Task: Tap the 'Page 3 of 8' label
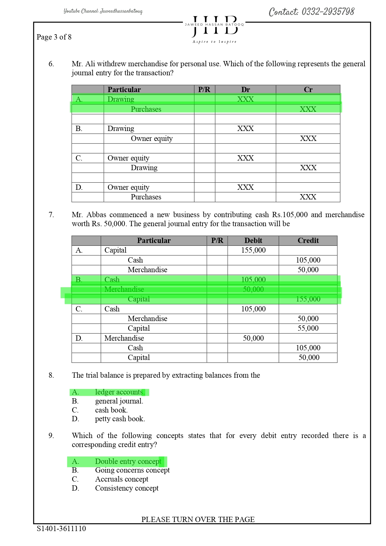(x=54, y=37)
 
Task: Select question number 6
(x=51, y=64)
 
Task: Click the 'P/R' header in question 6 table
(x=204, y=90)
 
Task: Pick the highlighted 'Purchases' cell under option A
(x=146, y=109)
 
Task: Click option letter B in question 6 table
(x=79, y=128)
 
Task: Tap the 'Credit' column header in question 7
(x=308, y=240)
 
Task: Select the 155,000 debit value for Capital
(x=253, y=250)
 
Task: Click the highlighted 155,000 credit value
(x=308, y=299)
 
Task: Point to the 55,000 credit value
(x=308, y=328)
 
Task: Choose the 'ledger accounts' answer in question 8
(x=119, y=392)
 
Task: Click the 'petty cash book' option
(x=120, y=419)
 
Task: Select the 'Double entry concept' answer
(x=128, y=461)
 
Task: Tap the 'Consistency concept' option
(x=127, y=488)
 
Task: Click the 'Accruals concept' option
(x=122, y=479)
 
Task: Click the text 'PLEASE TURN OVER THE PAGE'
(x=198, y=519)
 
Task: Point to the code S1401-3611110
(x=61, y=528)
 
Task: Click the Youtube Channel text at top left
(x=103, y=11)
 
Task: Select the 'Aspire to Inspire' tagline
(x=214, y=42)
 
